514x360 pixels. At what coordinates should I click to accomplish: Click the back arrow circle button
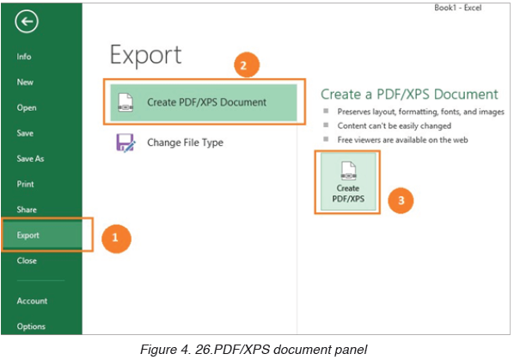[27, 21]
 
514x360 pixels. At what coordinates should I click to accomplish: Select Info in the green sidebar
[24, 57]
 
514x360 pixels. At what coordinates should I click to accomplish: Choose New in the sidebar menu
[25, 82]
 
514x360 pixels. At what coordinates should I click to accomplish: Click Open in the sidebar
[27, 107]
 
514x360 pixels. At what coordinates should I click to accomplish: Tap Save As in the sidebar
[30, 159]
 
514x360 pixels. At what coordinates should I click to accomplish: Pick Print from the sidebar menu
[25, 184]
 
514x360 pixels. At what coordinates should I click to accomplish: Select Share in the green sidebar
[27, 210]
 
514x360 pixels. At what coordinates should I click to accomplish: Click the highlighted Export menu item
[28, 235]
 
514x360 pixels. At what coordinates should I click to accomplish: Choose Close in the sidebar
[27, 260]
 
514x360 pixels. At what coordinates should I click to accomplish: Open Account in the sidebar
[32, 301]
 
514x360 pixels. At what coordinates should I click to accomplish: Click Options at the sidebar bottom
[31, 326]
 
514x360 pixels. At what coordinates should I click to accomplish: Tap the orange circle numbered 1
[116, 238]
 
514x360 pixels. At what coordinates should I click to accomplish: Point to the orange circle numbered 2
[246, 65]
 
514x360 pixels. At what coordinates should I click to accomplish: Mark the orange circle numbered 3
[401, 200]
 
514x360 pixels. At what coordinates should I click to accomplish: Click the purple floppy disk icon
[125, 143]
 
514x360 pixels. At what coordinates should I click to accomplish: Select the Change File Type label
[185, 143]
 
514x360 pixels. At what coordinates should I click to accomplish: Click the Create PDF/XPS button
[348, 182]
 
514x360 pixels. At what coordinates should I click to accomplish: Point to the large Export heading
[145, 56]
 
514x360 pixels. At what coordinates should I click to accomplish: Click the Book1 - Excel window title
[457, 8]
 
